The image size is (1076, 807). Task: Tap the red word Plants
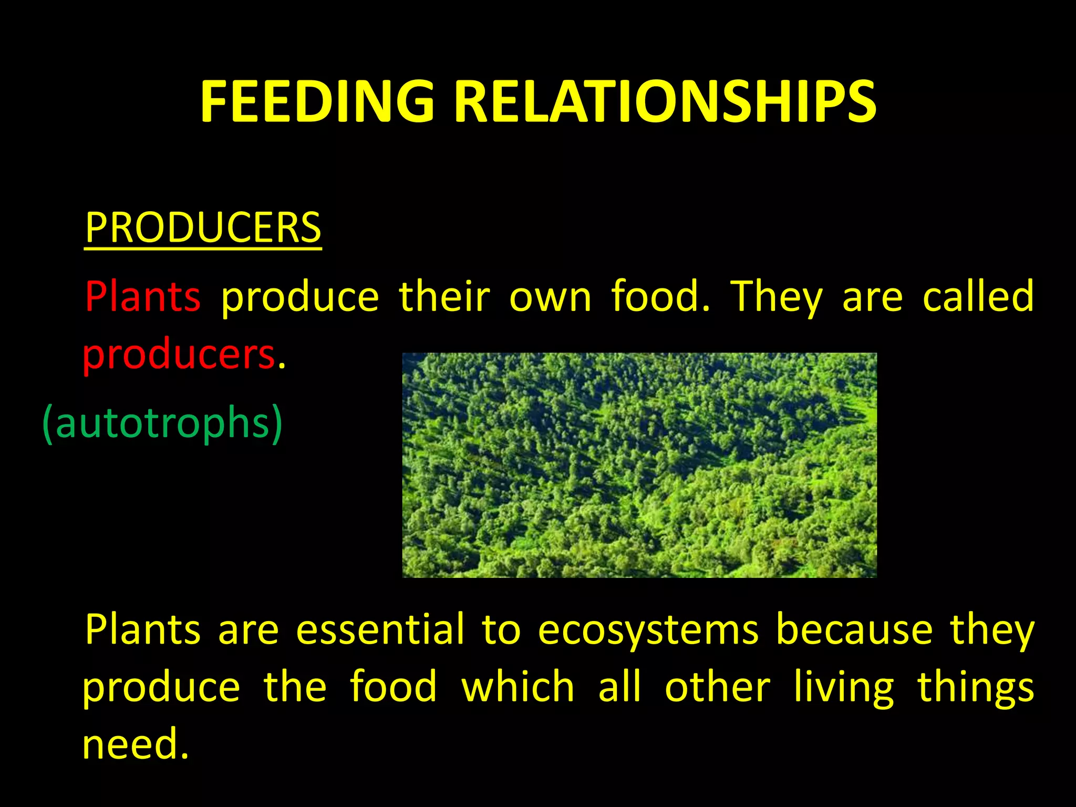(142, 296)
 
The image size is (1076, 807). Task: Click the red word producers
(179, 355)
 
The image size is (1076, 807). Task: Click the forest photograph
(639, 465)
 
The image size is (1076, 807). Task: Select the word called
(978, 296)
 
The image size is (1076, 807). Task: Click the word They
(777, 297)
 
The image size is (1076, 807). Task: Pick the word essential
(380, 629)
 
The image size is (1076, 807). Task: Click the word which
(518, 687)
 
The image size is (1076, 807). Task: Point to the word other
(717, 687)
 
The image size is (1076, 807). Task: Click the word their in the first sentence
(444, 296)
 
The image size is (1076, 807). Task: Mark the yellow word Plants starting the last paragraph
(142, 629)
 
